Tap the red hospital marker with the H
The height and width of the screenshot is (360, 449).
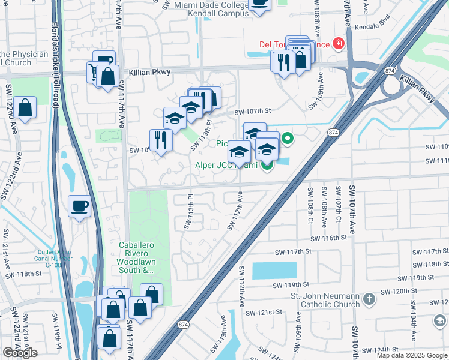[339, 43]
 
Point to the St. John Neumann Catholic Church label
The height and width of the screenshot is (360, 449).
[325, 299]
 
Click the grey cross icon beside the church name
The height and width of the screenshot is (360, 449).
[369, 298]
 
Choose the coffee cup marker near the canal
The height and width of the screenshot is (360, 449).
[79, 208]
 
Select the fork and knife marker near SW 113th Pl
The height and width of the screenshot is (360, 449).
[161, 140]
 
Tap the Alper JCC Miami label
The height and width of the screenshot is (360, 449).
[226, 166]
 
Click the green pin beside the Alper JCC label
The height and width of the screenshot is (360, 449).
[267, 165]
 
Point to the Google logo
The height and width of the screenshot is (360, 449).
[20, 352]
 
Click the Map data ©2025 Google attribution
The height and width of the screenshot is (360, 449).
[412, 355]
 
